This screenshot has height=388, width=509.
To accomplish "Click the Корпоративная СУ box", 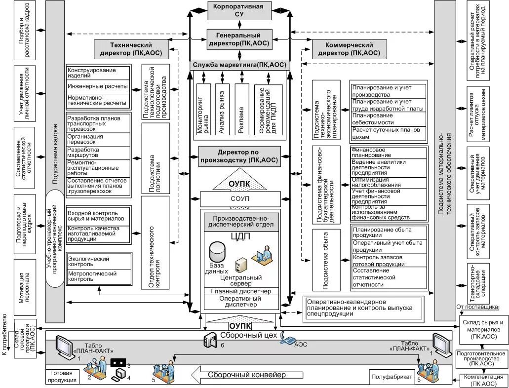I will [238, 11].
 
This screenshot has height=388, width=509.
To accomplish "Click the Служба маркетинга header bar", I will [238, 65].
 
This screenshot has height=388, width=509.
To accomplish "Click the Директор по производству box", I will [238, 156].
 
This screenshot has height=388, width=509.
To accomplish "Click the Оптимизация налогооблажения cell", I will [387, 183].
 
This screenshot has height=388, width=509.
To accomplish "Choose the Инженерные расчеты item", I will [98, 86].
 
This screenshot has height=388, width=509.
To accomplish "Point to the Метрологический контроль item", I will [98, 276].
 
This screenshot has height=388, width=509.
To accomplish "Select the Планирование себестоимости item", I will [387, 118].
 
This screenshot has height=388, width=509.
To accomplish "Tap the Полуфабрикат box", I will [392, 377].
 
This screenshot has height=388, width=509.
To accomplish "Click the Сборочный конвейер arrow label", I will [247, 375].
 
